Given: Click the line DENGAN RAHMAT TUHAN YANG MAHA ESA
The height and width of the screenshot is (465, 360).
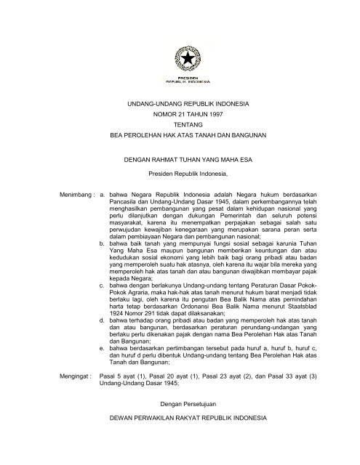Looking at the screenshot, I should click(179, 163).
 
